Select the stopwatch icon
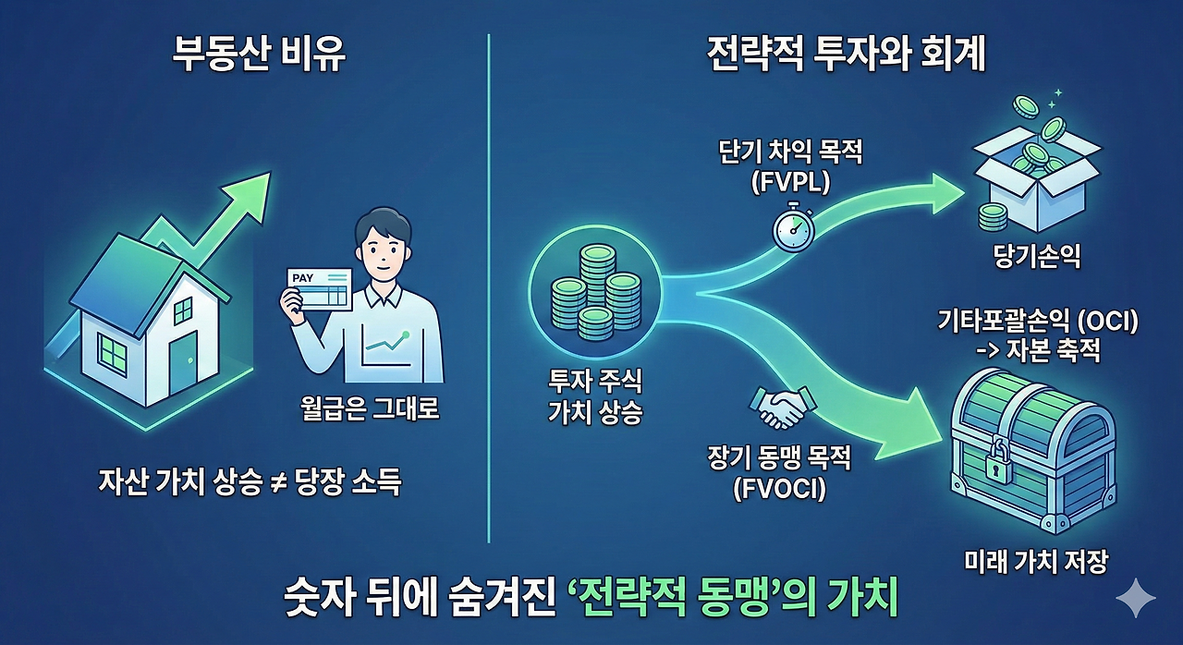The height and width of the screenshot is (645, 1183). tap(793, 225)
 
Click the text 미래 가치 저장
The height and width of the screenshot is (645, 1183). tap(1035, 561)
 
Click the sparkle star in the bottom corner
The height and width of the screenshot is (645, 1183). tap(1135, 600)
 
